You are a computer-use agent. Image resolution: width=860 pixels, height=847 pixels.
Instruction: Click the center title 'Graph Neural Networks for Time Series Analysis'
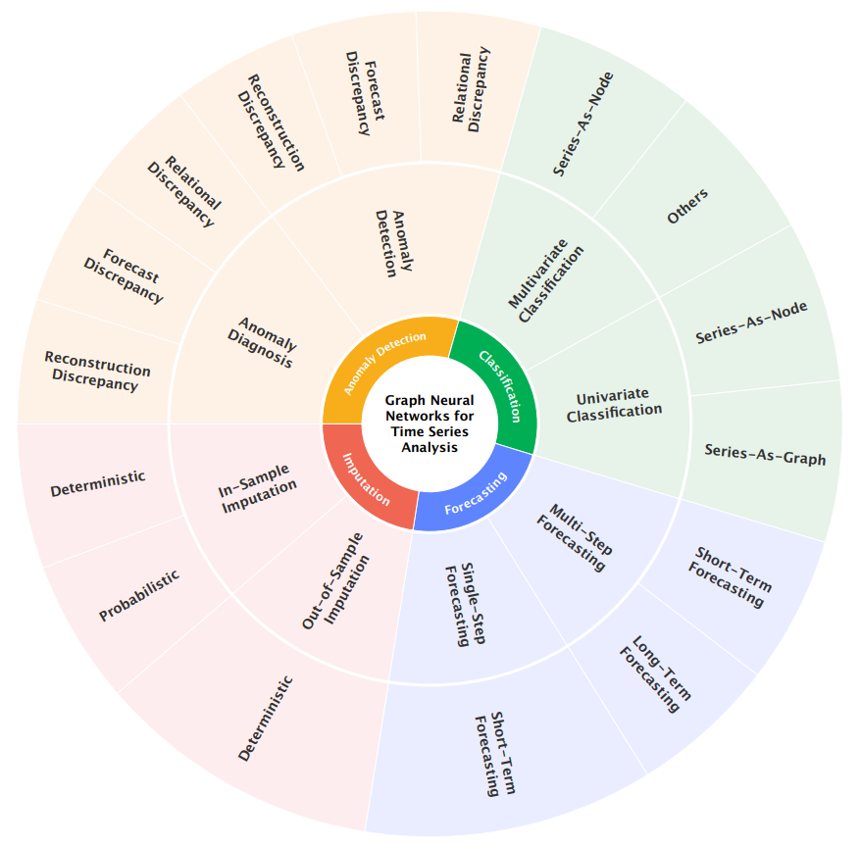430,423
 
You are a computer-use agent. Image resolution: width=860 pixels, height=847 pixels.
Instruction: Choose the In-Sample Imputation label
258,498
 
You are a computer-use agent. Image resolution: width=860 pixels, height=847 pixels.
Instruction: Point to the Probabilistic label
139,597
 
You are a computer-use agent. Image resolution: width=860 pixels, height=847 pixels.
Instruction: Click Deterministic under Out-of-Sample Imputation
265,719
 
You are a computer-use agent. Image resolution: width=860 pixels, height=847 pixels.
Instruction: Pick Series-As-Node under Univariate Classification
751,323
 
